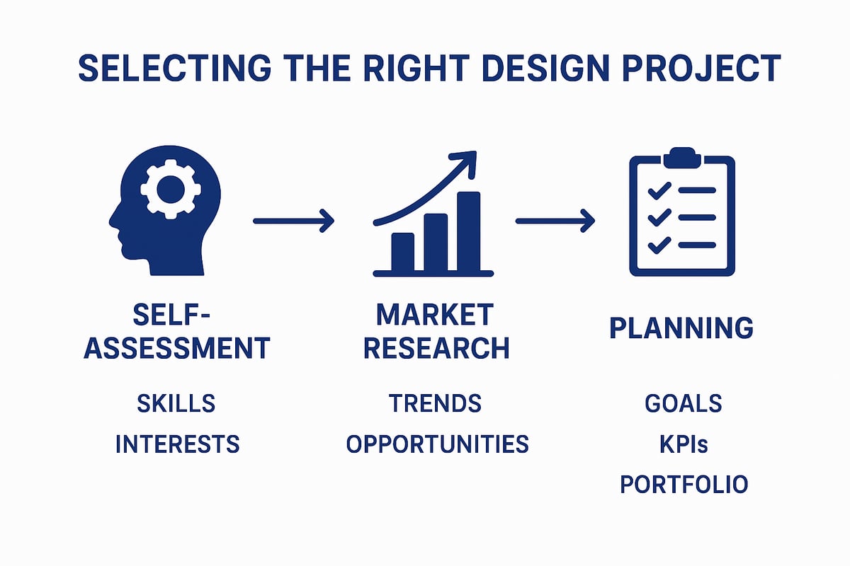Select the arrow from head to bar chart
pyautogui.click(x=293, y=221)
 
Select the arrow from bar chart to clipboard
pyautogui.click(x=555, y=221)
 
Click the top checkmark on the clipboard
pyautogui.click(x=659, y=189)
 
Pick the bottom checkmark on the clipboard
pyautogui.click(x=659, y=245)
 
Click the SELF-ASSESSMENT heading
pyautogui.click(x=177, y=332)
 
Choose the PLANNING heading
pyautogui.click(x=681, y=328)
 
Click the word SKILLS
pyautogui.click(x=176, y=404)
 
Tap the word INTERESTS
pyautogui.click(x=177, y=444)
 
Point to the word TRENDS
pyautogui.click(x=435, y=404)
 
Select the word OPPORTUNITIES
pyautogui.click(x=437, y=444)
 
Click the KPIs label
pyautogui.click(x=683, y=444)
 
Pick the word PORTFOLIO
pyautogui.click(x=684, y=485)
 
